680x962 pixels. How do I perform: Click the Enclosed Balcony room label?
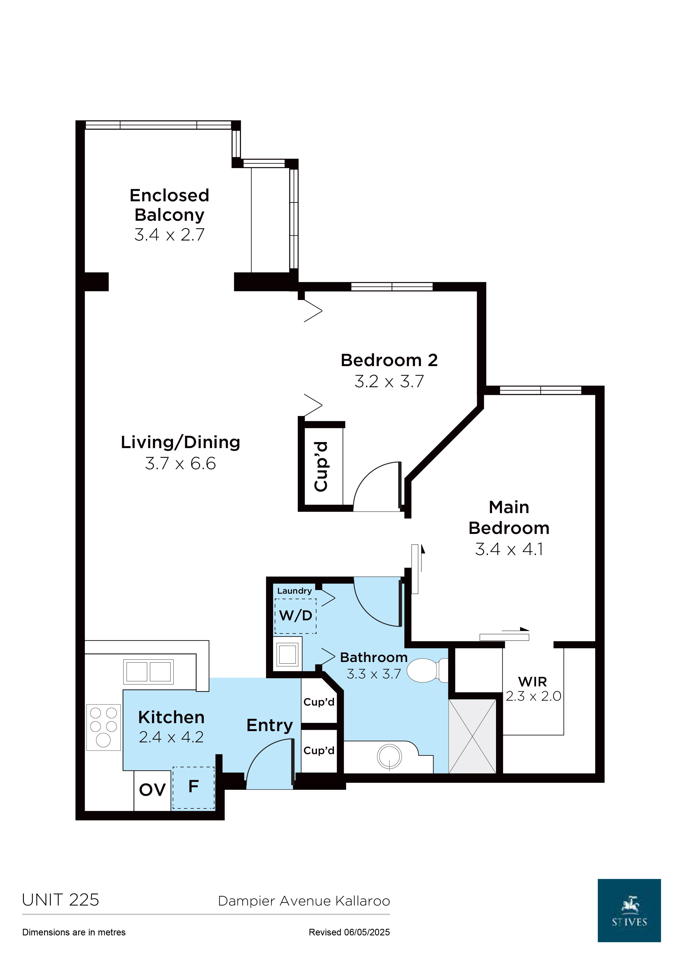(169, 205)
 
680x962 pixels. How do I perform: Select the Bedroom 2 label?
(389, 360)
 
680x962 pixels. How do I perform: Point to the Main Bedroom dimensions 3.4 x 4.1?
(509, 549)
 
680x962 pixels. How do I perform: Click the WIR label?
(532, 682)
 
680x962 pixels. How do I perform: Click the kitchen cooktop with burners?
(103, 727)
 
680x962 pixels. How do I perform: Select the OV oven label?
(152, 790)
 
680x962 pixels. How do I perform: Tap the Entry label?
(270, 726)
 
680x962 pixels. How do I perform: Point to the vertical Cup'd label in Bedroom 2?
(321, 466)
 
